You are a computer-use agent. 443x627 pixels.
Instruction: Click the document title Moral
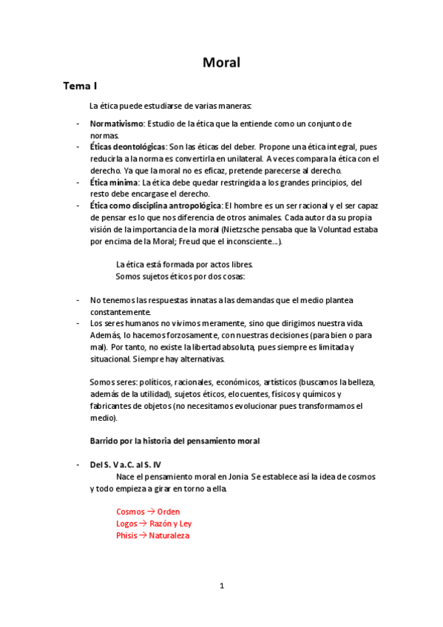tap(221, 62)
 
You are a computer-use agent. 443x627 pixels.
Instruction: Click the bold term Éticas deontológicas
tap(127, 147)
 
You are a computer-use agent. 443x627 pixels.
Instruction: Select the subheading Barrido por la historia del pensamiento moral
tap(175, 441)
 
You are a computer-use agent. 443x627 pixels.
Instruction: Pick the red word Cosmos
tap(130, 512)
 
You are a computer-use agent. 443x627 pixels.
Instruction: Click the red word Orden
tap(168, 512)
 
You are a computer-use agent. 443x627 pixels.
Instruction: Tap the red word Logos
tap(127, 523)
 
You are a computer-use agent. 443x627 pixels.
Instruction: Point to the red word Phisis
tap(127, 535)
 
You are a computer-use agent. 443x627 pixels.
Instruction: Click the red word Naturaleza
tap(169, 535)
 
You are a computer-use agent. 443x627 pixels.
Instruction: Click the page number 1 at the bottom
tap(221, 586)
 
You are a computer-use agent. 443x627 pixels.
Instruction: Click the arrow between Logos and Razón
tap(143, 523)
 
